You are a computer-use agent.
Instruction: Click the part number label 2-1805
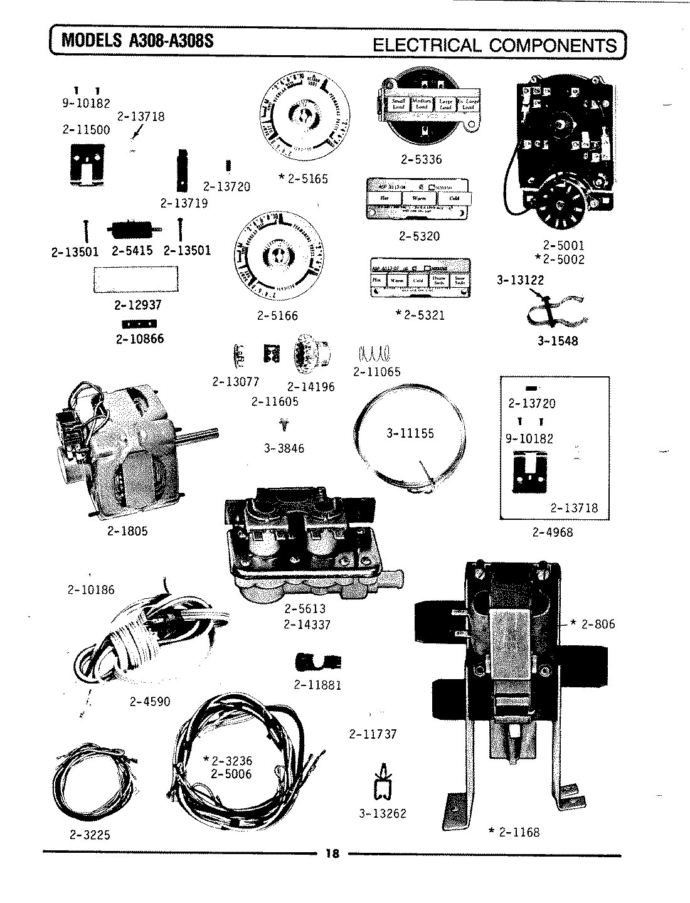(x=127, y=531)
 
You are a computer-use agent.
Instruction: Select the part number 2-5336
(x=421, y=159)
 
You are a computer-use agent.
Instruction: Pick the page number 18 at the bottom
(x=332, y=854)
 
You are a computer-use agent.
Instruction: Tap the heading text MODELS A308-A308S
(x=137, y=41)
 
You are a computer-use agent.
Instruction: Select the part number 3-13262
(x=383, y=813)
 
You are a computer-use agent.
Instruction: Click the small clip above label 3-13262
(x=382, y=783)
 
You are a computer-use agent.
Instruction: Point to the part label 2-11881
(x=317, y=685)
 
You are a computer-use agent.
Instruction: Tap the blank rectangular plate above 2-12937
(x=135, y=280)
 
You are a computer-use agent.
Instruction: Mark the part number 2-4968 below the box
(x=553, y=532)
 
